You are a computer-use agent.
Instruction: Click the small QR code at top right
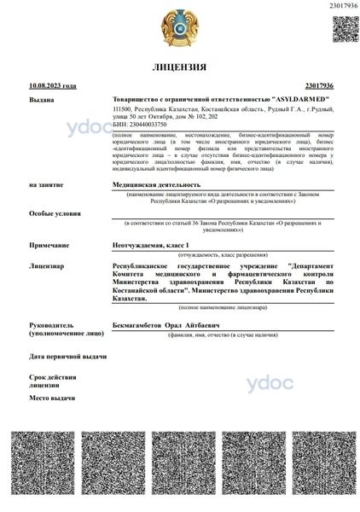coord(345,28)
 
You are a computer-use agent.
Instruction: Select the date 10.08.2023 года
coord(52,86)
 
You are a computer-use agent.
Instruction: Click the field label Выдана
coord(42,100)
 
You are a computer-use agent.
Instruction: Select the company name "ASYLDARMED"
coord(299,100)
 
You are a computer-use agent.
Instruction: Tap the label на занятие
coord(46,184)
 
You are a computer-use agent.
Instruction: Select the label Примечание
coord(49,245)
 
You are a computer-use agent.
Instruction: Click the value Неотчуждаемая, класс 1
coord(152,245)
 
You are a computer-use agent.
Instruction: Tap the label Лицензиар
coord(47,265)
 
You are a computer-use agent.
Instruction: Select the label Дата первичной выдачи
coord(67,356)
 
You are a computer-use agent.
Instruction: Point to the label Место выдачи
coord(51,398)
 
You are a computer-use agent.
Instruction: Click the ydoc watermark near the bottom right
coord(270,383)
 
